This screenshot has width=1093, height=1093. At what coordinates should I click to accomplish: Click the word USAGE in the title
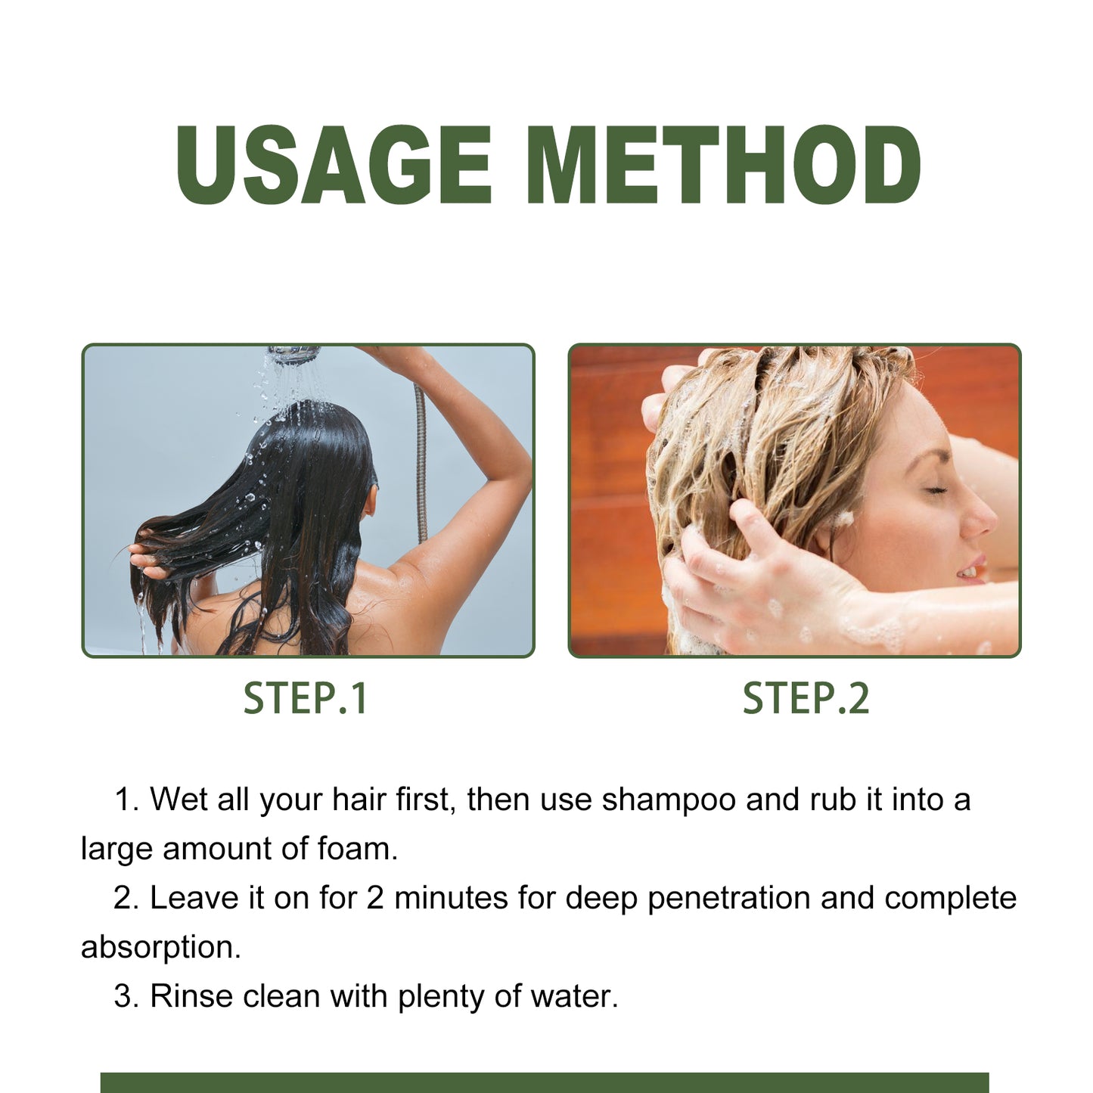click(x=334, y=165)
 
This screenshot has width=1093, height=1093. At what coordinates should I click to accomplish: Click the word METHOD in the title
click(x=723, y=165)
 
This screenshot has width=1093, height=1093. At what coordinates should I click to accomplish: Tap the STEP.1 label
click(x=306, y=698)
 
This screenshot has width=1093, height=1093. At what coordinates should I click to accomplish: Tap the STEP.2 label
click(x=806, y=698)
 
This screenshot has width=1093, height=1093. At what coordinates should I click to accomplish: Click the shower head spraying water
click(x=294, y=354)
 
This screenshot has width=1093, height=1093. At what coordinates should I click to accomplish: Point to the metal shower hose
click(x=421, y=461)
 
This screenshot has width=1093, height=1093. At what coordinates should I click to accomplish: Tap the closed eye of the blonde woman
click(x=936, y=490)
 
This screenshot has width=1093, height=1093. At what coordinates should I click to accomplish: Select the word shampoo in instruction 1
click(x=669, y=800)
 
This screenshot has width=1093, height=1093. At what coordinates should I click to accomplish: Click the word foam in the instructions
click(x=357, y=849)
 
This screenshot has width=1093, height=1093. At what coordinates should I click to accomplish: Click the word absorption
click(x=160, y=947)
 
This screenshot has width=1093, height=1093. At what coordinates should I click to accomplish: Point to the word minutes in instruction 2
click(x=451, y=898)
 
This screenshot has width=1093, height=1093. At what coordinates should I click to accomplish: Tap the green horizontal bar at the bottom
click(x=545, y=1082)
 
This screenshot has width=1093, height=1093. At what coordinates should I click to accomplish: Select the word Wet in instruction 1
click(x=179, y=800)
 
